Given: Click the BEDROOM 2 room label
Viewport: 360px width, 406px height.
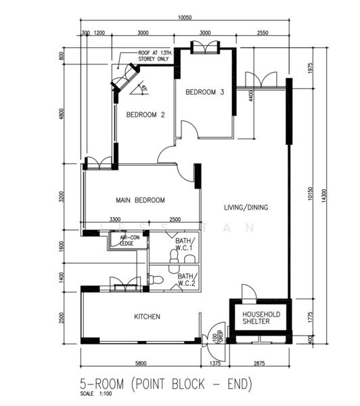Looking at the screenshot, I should click(145, 114).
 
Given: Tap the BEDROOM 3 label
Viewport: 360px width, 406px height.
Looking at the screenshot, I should click(205, 92).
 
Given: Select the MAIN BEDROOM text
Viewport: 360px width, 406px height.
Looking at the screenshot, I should click(141, 200).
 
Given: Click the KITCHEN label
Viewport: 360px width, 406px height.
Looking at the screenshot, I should click(148, 317).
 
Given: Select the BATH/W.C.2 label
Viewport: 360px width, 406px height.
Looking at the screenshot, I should click(185, 280).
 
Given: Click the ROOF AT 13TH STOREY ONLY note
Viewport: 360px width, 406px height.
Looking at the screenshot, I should click(154, 56).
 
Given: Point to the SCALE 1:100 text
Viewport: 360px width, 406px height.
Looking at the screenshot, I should click(95, 394).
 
